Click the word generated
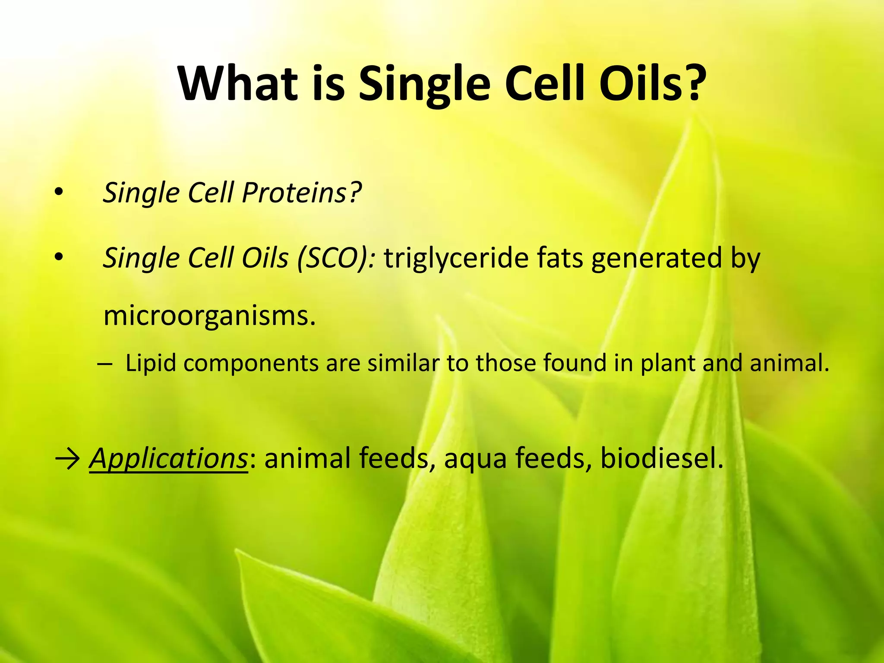657,258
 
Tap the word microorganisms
210,316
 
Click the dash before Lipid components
104,363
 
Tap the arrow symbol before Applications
67,459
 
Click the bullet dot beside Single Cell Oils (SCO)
59,258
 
